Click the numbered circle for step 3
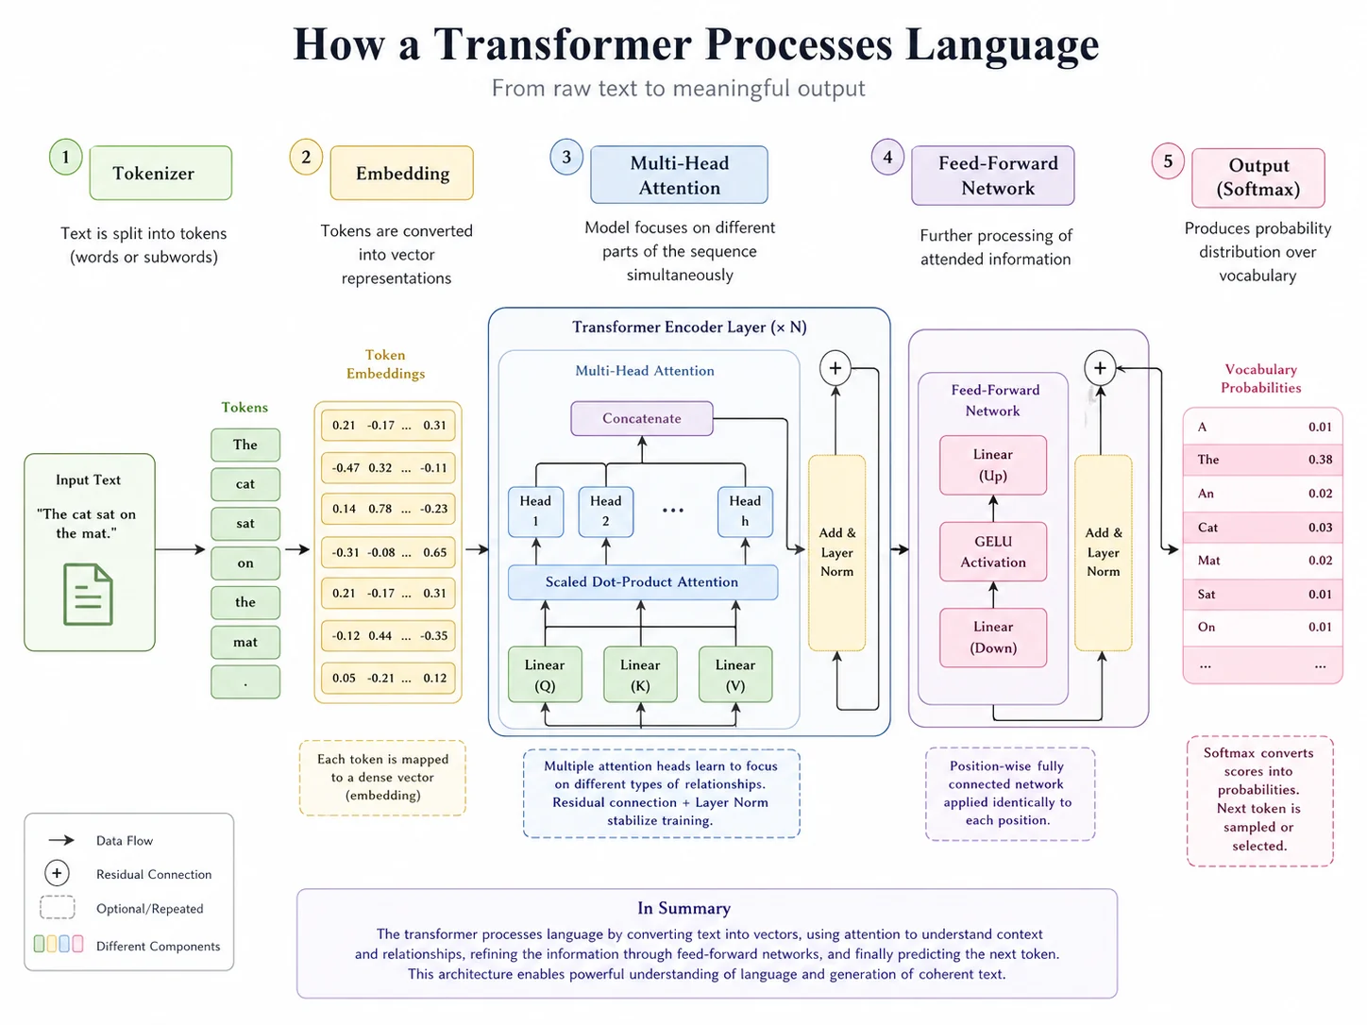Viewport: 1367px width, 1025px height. (566, 158)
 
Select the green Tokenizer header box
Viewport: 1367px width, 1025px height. (160, 173)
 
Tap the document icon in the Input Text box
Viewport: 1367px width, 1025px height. (88, 594)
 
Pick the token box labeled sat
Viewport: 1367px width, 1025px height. (245, 523)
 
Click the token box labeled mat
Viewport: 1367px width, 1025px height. (245, 642)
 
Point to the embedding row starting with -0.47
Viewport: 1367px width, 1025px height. (388, 467)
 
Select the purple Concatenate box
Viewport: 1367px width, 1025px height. (641, 418)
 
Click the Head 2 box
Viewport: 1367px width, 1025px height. (605, 511)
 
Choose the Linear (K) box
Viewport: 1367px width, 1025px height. (640, 675)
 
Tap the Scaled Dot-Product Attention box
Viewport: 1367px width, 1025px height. (642, 582)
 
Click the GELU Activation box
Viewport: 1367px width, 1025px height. (993, 551)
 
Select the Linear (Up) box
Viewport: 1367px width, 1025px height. (993, 464)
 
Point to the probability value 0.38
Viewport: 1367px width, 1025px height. (1320, 460)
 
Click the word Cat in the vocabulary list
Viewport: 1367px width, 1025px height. (1207, 528)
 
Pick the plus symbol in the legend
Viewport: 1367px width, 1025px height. (57, 873)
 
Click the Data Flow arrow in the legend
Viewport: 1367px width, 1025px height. (61, 840)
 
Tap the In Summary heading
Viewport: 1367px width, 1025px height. (683, 908)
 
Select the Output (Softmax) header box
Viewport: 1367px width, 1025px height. (1257, 177)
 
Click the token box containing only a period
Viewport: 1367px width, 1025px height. (245, 682)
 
